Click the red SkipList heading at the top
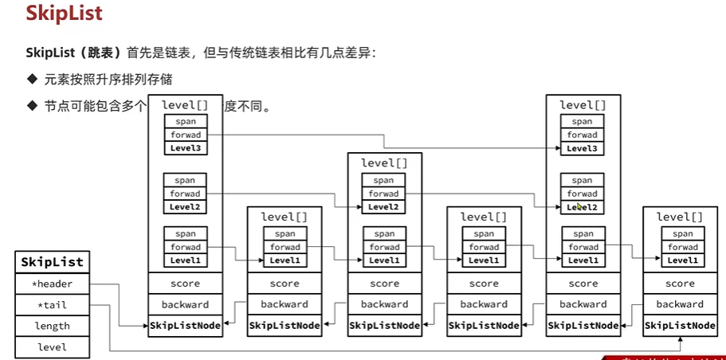[64, 14]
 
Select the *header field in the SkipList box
[52, 283]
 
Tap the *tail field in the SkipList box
[52, 304]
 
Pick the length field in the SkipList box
[52, 326]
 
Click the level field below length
[52, 347]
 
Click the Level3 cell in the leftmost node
[185, 148]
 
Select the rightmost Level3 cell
[582, 148]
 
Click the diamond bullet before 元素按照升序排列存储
[32, 79]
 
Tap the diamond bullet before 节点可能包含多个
[32, 104]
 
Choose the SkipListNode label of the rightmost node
[680, 325]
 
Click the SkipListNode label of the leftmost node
[185, 325]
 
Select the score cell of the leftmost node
[185, 284]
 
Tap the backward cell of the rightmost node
[680, 304]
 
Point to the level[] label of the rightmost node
[680, 217]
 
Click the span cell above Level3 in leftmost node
[185, 121]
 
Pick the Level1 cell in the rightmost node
[682, 260]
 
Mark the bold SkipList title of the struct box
[52, 261]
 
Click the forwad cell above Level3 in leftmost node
[185, 135]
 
